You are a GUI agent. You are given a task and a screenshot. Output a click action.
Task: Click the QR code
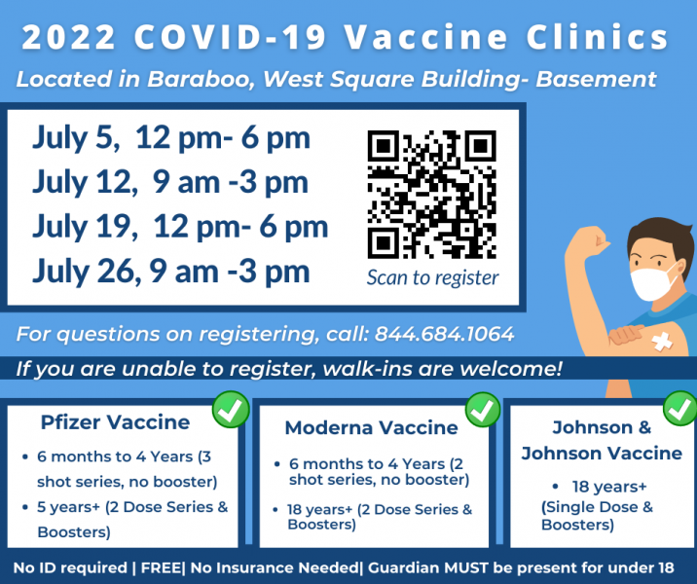[431, 195]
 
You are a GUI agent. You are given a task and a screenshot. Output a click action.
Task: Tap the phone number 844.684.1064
[444, 334]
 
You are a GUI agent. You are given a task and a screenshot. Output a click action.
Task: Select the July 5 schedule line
[171, 138]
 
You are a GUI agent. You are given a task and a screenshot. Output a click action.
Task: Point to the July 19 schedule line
[180, 227]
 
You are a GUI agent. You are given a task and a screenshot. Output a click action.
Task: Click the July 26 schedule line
[171, 272]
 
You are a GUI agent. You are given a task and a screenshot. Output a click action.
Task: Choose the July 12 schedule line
[170, 182]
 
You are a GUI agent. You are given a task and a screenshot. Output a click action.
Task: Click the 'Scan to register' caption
[432, 277]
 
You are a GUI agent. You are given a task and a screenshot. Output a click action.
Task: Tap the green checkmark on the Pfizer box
[231, 410]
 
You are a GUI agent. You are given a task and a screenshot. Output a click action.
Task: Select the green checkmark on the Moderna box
[483, 410]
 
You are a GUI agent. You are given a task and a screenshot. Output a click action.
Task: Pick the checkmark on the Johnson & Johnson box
[680, 409]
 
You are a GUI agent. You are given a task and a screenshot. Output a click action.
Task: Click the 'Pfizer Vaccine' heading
[115, 422]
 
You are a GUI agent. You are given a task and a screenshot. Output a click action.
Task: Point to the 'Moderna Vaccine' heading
[371, 427]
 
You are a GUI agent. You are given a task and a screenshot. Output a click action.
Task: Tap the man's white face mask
[651, 283]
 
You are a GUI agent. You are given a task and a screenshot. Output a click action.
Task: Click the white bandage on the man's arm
[662, 342]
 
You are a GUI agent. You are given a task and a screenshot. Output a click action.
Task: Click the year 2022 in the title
[68, 37]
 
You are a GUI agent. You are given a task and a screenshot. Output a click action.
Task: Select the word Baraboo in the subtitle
[201, 79]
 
